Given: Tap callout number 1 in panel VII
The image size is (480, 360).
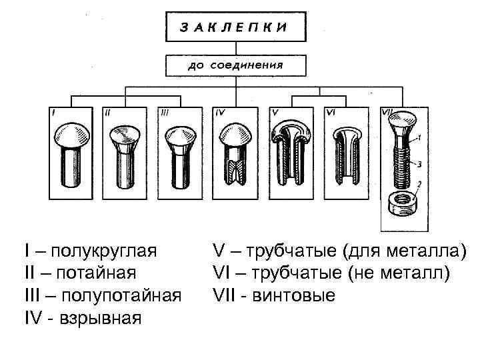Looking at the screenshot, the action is pos(420,137).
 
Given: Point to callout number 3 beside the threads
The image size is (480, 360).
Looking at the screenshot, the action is pos(420,163).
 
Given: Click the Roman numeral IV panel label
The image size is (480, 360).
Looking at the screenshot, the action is pos(220,113).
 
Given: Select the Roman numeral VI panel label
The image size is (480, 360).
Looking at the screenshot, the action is pos(331,113).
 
